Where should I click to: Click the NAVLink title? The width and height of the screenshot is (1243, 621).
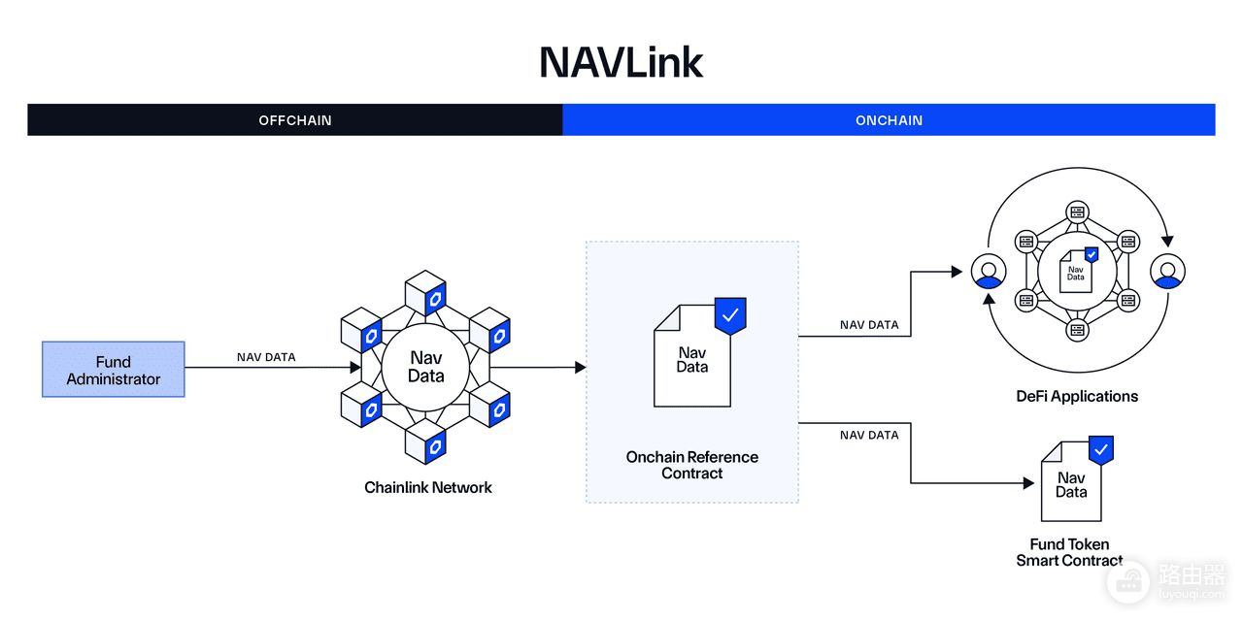point(621,62)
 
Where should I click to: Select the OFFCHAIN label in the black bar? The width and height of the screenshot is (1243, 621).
point(295,120)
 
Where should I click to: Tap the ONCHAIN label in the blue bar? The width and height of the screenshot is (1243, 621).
point(889,120)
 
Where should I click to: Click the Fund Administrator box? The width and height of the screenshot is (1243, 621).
point(114,370)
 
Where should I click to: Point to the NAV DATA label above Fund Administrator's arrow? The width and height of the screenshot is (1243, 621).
point(266,357)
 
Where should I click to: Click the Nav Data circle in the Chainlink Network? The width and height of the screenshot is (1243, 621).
point(425,367)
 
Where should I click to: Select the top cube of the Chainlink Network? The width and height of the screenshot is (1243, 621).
point(425,293)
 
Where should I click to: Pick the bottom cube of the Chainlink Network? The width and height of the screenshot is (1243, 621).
point(425,441)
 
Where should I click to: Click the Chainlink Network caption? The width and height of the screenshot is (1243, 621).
point(428,487)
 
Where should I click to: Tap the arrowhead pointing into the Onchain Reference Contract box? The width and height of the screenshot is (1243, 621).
point(581,367)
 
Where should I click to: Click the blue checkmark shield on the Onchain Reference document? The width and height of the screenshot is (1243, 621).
point(730,316)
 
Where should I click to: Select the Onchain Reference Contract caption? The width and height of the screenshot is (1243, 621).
point(692,465)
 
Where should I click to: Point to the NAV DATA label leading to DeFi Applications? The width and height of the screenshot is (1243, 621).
point(869,325)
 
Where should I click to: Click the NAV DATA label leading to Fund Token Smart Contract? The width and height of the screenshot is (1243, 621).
point(869,436)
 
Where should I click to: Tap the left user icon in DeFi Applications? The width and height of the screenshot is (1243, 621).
point(989,271)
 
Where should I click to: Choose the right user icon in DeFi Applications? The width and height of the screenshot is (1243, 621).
point(1167,271)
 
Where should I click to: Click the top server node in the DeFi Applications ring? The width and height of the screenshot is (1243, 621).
point(1077,212)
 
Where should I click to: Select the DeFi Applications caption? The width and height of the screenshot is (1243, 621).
point(1077,397)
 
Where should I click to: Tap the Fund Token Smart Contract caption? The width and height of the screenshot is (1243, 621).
point(1069,552)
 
